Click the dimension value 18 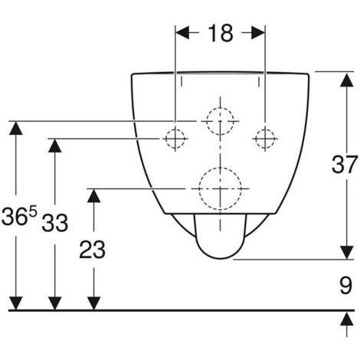click(x=221, y=33)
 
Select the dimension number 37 click(x=344, y=165)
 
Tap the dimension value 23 click(x=92, y=250)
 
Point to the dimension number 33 click(x=55, y=223)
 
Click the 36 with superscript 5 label click(x=19, y=216)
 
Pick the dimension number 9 click(x=345, y=285)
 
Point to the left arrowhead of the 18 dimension click(x=182, y=33)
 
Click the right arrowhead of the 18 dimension click(x=258, y=33)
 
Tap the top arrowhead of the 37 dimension click(x=347, y=80)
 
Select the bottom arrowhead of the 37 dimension click(x=347, y=253)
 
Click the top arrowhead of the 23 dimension click(x=93, y=196)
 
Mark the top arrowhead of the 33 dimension click(x=55, y=146)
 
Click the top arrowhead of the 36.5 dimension click(x=16, y=128)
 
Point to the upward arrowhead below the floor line click(x=347, y=319)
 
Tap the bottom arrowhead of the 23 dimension click(x=93, y=303)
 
